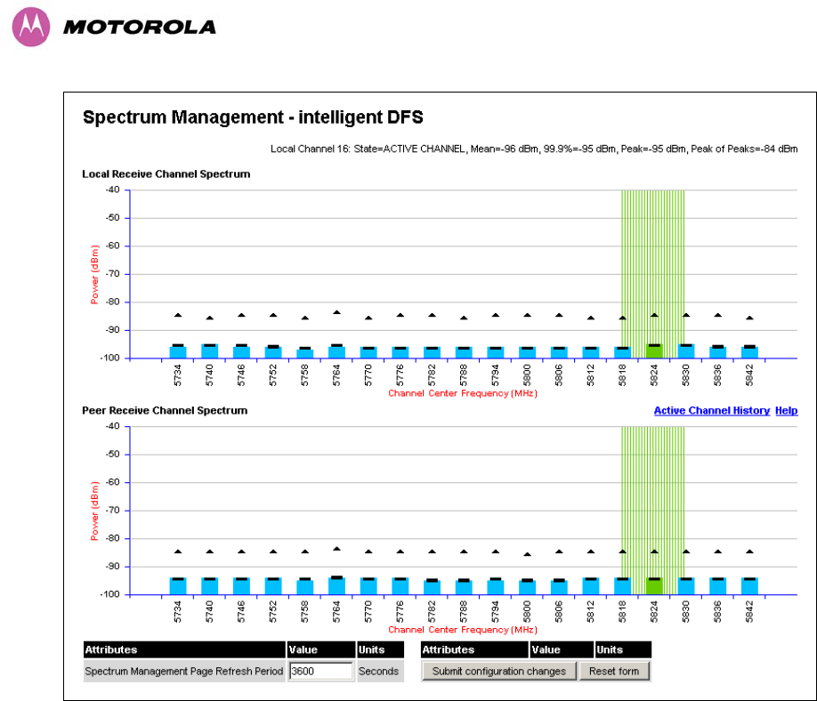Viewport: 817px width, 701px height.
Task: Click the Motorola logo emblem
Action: click(x=29, y=27)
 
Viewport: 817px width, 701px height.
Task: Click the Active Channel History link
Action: click(x=711, y=411)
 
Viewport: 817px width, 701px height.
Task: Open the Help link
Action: click(x=786, y=411)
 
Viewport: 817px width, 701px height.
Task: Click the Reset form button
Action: click(x=614, y=671)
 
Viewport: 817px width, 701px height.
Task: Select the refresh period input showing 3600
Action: click(x=320, y=671)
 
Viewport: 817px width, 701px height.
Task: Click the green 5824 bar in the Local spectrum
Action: click(x=654, y=351)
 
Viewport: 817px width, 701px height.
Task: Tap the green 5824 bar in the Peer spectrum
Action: click(x=654, y=586)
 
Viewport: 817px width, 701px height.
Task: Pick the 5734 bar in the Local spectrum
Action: click(x=178, y=351)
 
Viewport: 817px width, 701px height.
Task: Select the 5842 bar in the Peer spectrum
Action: click(x=749, y=586)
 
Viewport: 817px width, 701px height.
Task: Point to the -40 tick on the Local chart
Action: click(x=112, y=190)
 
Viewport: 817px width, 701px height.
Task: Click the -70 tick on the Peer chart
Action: click(x=112, y=511)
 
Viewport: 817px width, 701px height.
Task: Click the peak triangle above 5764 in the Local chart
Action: click(x=336, y=312)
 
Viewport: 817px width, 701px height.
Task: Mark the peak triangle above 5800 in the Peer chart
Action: click(x=527, y=554)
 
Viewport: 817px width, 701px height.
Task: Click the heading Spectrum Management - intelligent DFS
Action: click(x=253, y=117)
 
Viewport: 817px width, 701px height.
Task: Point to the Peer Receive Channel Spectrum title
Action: click(x=165, y=411)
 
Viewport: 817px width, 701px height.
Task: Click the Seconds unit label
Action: click(x=378, y=672)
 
